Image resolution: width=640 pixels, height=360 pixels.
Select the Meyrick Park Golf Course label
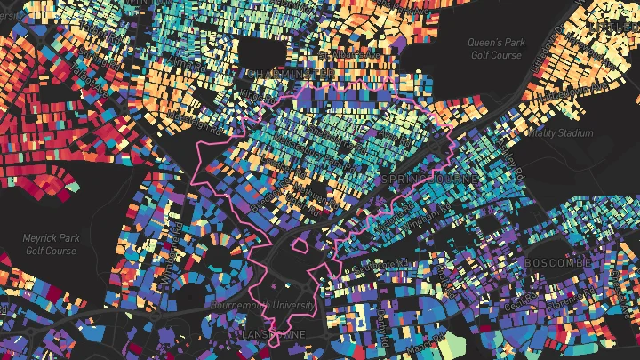[x=48, y=245]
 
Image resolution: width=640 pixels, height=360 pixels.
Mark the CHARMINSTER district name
[x=276, y=74]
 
